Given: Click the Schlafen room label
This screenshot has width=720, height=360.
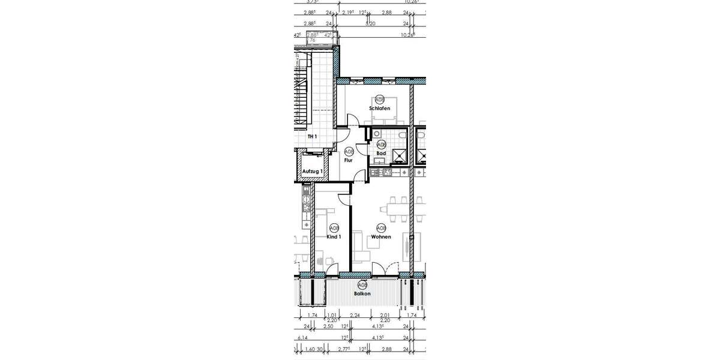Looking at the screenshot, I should coord(379,109).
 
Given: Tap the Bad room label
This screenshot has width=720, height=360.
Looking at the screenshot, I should coord(380,154).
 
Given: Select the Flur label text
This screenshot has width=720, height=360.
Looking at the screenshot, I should coord(348,160).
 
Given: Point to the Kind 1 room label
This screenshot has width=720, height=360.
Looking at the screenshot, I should coord(334,237).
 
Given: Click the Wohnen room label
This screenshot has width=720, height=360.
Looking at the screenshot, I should coord(380,237).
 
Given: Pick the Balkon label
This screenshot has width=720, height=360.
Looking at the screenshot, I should coord(362,293).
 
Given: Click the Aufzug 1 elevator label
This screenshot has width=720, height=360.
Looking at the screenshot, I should coord(312,172).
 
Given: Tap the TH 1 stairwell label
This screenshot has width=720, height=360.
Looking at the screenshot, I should coord(311,137).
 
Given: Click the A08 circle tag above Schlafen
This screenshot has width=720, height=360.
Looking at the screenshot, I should coord(379,100).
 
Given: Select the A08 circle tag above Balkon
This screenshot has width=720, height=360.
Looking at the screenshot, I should coord(362,285).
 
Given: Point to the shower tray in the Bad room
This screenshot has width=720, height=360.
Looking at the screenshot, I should coord(398,157).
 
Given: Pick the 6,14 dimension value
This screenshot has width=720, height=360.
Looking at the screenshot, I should coord(302,338).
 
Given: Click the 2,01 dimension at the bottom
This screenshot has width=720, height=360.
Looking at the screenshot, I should coord(385,315).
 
